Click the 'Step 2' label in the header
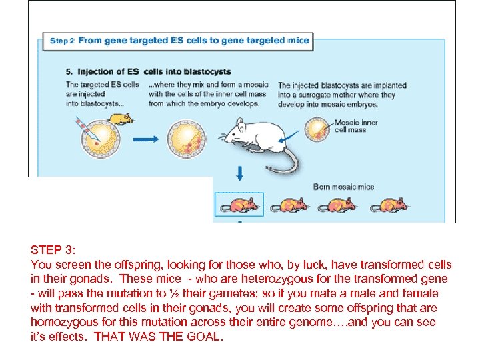(61, 41)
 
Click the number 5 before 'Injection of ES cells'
(69, 71)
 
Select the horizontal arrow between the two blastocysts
(147, 140)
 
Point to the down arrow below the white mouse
(239, 175)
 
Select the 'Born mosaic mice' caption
(343, 187)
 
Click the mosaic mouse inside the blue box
(239, 204)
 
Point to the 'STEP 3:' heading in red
(53, 250)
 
